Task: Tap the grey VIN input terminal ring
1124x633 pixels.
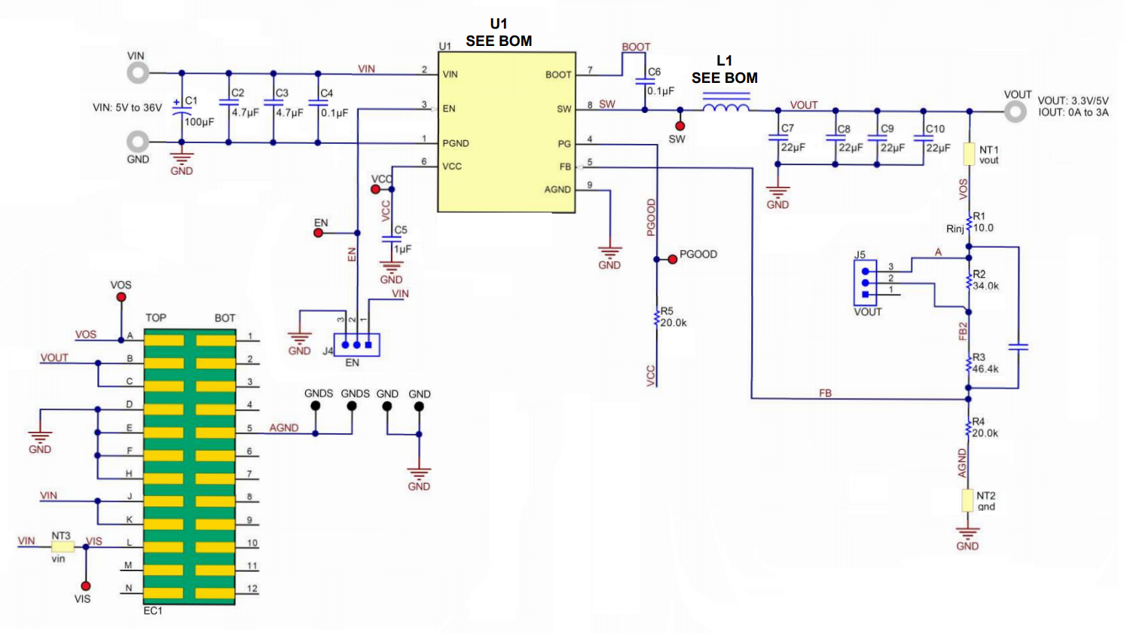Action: coord(138,72)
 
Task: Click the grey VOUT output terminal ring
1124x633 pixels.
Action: coord(1016,112)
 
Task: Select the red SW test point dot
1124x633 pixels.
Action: coord(680,126)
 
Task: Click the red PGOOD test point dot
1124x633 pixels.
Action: coord(672,259)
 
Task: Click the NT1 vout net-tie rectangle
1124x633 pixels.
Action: coord(969,155)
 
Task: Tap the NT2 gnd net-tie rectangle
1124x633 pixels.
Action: coord(967,500)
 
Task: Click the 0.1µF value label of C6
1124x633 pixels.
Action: coord(661,91)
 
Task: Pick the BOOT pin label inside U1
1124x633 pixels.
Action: coord(557,75)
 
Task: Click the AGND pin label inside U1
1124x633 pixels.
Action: coord(557,190)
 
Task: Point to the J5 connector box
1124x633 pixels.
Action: coord(865,283)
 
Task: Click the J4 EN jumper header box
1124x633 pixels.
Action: coord(357,345)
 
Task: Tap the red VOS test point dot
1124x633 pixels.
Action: coord(121,298)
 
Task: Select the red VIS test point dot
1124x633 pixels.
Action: coord(86,586)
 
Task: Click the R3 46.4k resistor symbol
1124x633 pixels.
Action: coord(969,365)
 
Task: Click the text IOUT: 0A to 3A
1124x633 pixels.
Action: coord(1073,112)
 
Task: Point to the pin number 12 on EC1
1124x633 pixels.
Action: coord(252,589)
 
